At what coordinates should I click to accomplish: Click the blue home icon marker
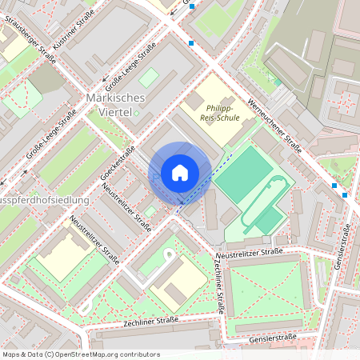180,173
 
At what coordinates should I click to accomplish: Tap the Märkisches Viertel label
114,104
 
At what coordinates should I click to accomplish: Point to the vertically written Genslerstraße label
350,265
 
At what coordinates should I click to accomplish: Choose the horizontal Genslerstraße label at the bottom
273,338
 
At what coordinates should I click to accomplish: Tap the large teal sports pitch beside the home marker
242,174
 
